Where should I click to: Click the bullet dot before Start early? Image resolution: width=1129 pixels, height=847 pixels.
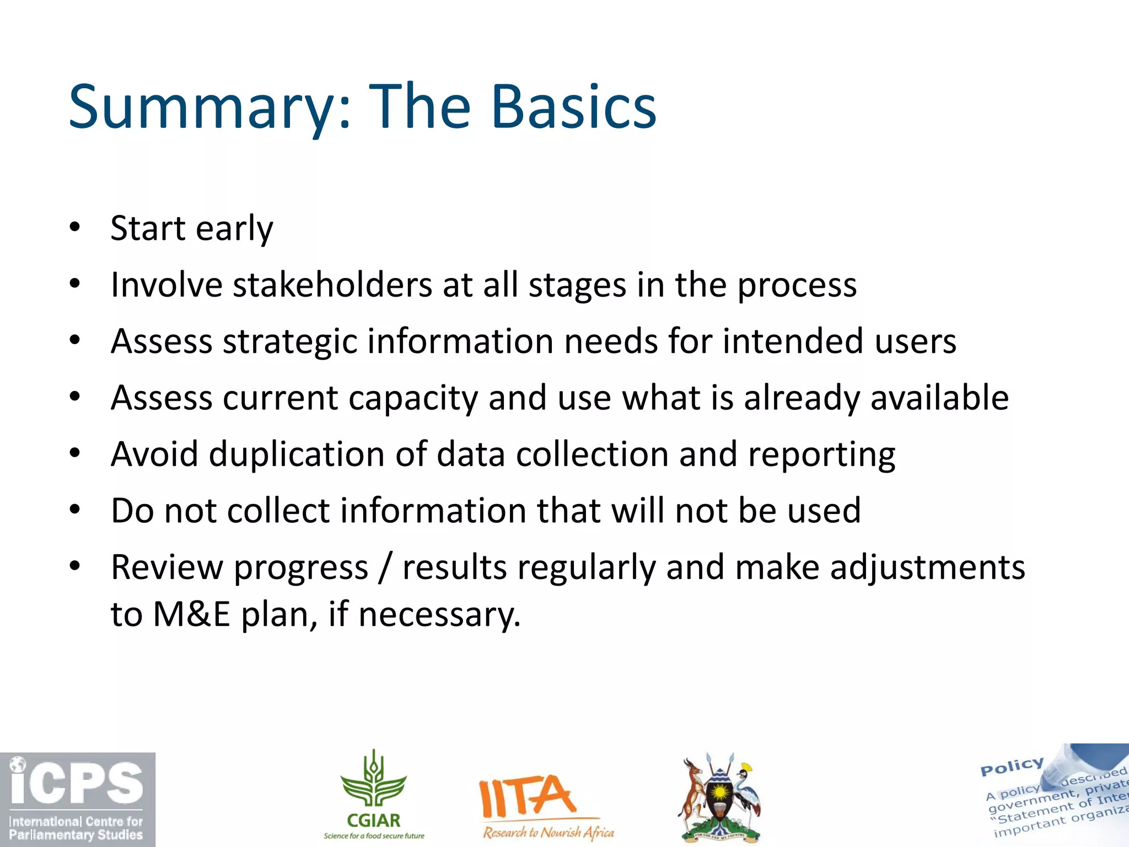tap(75, 227)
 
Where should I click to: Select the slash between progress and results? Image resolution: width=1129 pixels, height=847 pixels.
tap(385, 568)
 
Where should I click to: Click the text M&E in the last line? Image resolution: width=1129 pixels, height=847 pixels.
tap(191, 614)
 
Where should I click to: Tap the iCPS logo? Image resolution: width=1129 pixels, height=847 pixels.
tap(77, 799)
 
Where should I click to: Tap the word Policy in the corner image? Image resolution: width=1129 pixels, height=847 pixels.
tap(1012, 766)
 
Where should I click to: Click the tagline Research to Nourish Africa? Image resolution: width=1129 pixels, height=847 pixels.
tap(548, 832)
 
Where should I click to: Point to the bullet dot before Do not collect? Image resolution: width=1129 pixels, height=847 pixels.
tap(75, 509)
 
